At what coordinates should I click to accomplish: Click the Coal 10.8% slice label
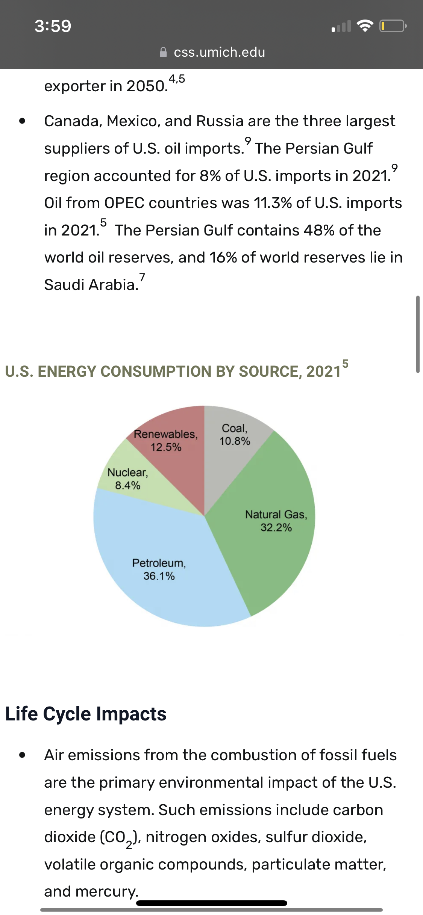(235, 435)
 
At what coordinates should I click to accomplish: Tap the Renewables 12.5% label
(166, 441)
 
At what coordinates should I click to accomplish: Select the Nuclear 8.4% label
(128, 479)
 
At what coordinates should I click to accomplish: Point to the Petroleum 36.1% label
(159, 569)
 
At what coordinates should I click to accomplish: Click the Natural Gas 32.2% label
(276, 521)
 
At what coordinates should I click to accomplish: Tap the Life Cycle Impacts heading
(86, 714)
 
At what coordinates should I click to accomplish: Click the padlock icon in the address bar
(163, 52)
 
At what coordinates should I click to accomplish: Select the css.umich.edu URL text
(220, 52)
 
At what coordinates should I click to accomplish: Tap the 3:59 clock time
(53, 26)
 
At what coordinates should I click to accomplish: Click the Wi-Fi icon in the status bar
(365, 26)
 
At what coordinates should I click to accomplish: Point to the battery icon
(393, 26)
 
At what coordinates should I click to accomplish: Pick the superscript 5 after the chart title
(345, 364)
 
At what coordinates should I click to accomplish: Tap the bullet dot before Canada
(23, 121)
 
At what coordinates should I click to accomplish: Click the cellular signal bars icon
(341, 26)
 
